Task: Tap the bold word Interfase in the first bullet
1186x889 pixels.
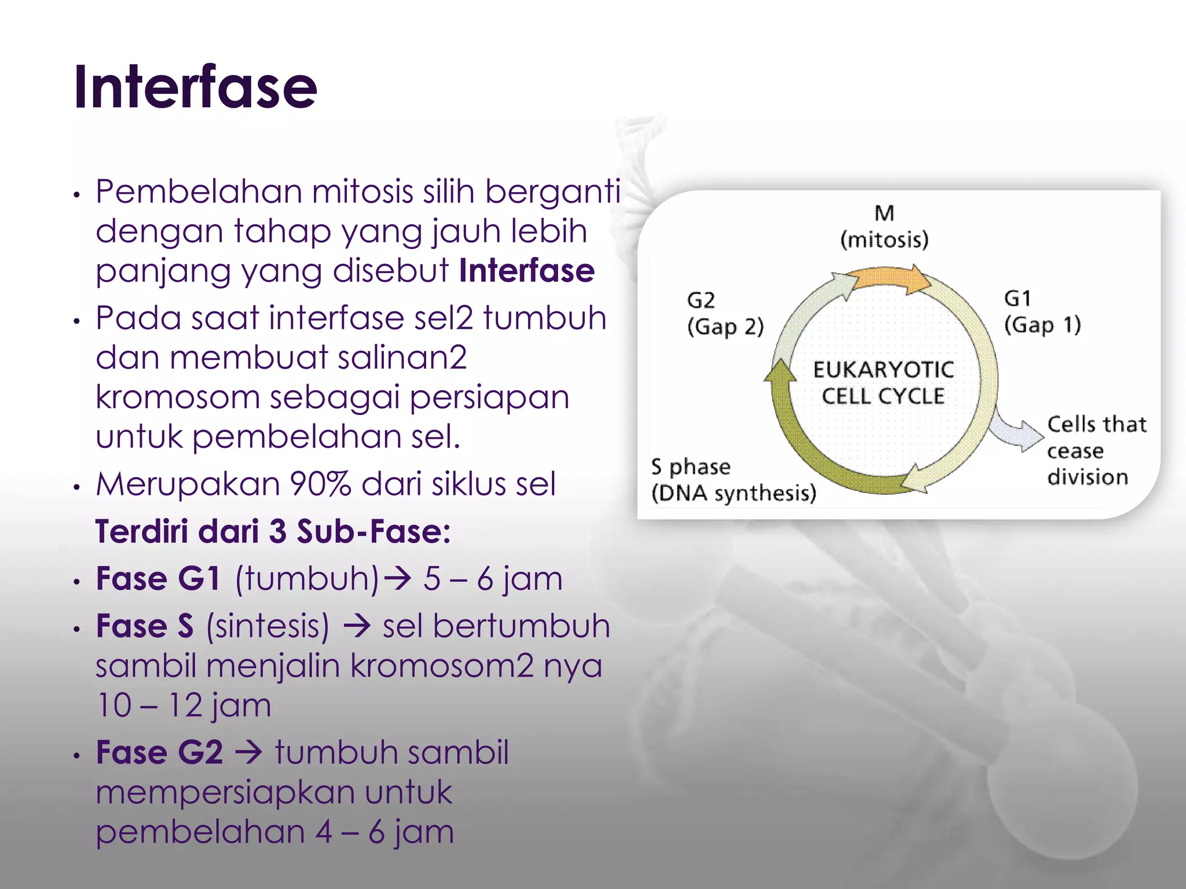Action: tap(526, 271)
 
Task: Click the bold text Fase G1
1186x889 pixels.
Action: tap(158, 578)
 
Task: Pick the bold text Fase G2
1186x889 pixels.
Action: tap(159, 752)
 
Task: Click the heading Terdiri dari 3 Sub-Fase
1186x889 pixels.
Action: tap(273, 531)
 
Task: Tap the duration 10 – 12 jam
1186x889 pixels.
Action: tap(184, 705)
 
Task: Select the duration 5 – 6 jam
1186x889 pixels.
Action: tap(493, 578)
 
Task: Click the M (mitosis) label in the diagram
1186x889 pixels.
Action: tap(884, 226)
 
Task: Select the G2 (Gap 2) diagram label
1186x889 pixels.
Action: tap(725, 313)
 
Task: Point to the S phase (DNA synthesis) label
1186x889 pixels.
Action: tap(733, 480)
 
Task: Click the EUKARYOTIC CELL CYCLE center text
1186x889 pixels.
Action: tap(884, 383)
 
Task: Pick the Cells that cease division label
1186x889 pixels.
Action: tap(1096, 450)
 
